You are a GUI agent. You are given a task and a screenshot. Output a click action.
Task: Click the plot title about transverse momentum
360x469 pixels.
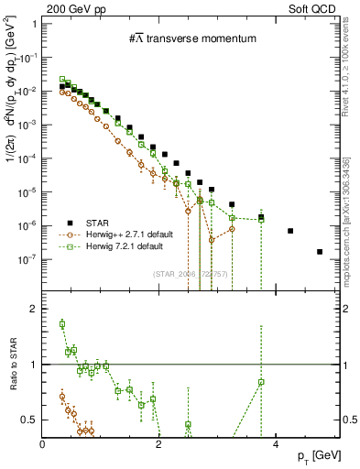[191, 38]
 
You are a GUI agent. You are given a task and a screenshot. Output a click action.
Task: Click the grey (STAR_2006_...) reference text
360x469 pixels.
[191, 274]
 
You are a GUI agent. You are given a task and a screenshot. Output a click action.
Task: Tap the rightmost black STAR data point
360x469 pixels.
[320, 251]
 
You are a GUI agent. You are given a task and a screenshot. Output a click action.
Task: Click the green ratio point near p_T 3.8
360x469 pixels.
[261, 382]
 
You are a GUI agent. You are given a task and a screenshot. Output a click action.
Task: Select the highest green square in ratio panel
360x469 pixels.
[62, 323]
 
